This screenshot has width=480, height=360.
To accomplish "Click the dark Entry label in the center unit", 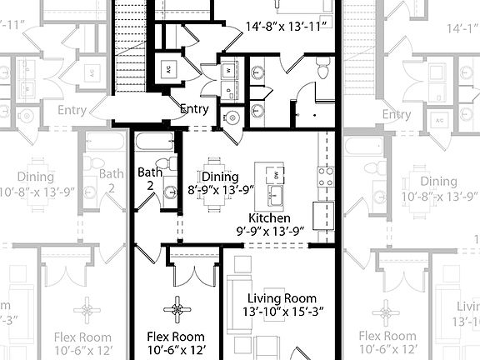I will pos(194,109).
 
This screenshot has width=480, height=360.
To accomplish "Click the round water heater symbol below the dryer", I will pos(231,118).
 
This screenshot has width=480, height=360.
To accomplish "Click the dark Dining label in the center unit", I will pos(220,177).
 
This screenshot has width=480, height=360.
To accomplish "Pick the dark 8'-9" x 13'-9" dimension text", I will pos(220,189).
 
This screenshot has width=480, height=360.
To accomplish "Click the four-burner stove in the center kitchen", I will pos(324,176).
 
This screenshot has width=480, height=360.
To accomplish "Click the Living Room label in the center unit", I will pos(282,297).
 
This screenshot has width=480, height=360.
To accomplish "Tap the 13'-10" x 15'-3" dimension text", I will pos(282,311).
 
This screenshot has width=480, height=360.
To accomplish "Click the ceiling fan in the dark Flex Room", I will pos(177,310).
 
